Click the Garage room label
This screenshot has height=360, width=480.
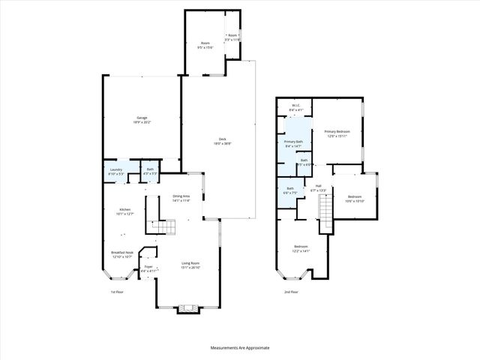point(142,118)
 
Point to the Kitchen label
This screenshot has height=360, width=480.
point(124,211)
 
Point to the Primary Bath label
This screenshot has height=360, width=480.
point(293,143)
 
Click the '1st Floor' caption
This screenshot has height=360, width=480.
point(118,292)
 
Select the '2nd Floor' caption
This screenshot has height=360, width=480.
point(292,292)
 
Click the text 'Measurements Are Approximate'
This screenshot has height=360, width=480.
point(240,348)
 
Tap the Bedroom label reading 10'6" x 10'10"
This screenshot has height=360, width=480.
point(354,199)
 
